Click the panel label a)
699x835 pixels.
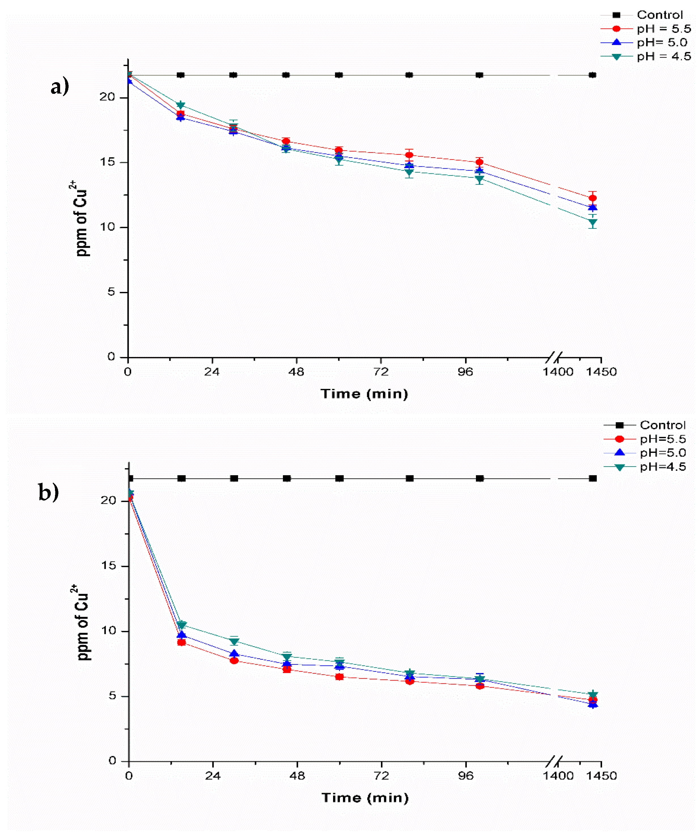(x=60, y=86)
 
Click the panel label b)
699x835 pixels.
(x=48, y=492)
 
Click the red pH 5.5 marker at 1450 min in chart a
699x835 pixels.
(x=592, y=198)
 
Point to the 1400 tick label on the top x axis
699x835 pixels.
(x=558, y=372)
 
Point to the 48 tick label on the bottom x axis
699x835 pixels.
(x=297, y=776)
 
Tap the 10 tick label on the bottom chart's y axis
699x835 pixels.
(x=108, y=631)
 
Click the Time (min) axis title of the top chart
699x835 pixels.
(x=364, y=394)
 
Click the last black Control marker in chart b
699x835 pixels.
(x=592, y=478)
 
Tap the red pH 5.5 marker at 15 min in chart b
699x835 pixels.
(x=181, y=642)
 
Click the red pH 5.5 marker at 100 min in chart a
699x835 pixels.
(x=480, y=162)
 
